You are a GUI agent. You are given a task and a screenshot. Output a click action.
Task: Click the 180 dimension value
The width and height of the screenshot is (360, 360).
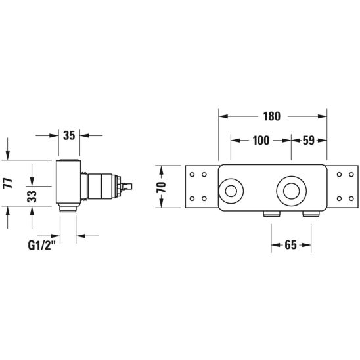click(271, 116)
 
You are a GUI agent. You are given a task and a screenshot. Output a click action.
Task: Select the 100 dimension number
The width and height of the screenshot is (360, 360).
click(261, 141)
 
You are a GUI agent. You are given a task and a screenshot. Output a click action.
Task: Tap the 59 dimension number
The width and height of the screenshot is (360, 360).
click(308, 141)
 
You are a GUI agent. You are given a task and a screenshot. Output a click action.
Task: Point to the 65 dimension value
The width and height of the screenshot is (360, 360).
click(290, 245)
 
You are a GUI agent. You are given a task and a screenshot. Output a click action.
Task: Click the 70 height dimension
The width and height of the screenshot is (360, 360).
click(162, 187)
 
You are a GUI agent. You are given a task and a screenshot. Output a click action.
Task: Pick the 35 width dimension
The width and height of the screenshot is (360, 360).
click(69, 135)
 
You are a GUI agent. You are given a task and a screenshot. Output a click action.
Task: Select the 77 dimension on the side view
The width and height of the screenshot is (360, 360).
click(9, 183)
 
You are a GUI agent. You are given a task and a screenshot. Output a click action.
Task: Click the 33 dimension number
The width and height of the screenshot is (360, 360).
click(32, 196)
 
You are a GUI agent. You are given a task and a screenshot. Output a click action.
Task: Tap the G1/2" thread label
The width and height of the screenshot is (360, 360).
click(42, 245)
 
